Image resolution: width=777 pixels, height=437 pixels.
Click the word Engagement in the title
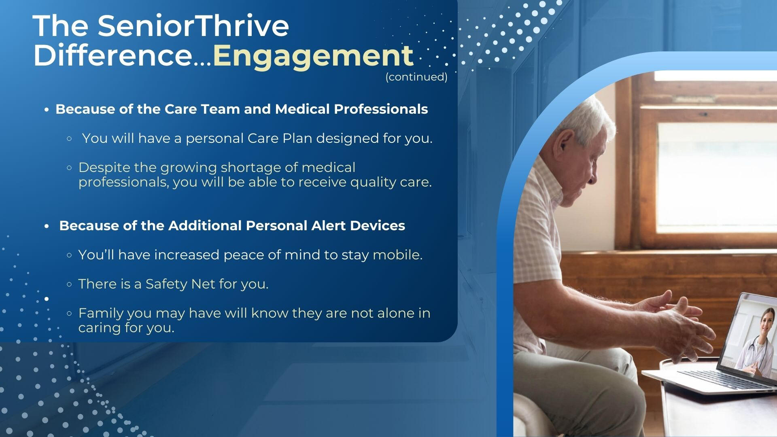313,57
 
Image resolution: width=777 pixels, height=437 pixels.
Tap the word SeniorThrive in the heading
193,25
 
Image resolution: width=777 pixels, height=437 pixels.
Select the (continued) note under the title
416,77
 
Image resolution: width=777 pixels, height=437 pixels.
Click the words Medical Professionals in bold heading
352,109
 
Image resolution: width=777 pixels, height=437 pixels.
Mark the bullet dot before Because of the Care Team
47,110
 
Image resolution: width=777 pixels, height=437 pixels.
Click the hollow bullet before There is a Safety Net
69,284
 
